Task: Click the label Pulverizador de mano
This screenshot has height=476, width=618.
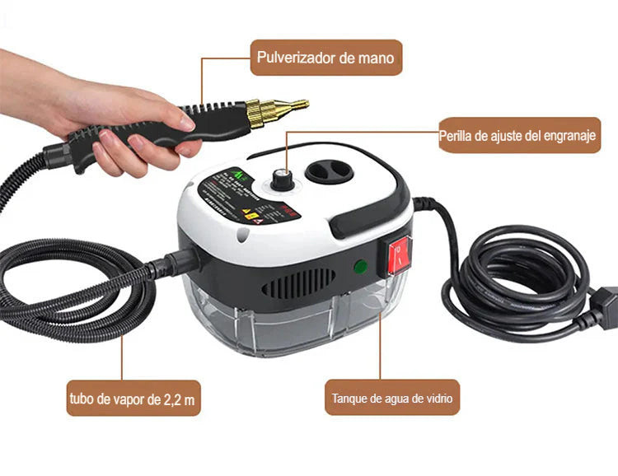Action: (326, 58)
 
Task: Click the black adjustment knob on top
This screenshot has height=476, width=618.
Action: (283, 180)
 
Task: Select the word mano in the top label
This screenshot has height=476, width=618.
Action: (376, 58)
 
